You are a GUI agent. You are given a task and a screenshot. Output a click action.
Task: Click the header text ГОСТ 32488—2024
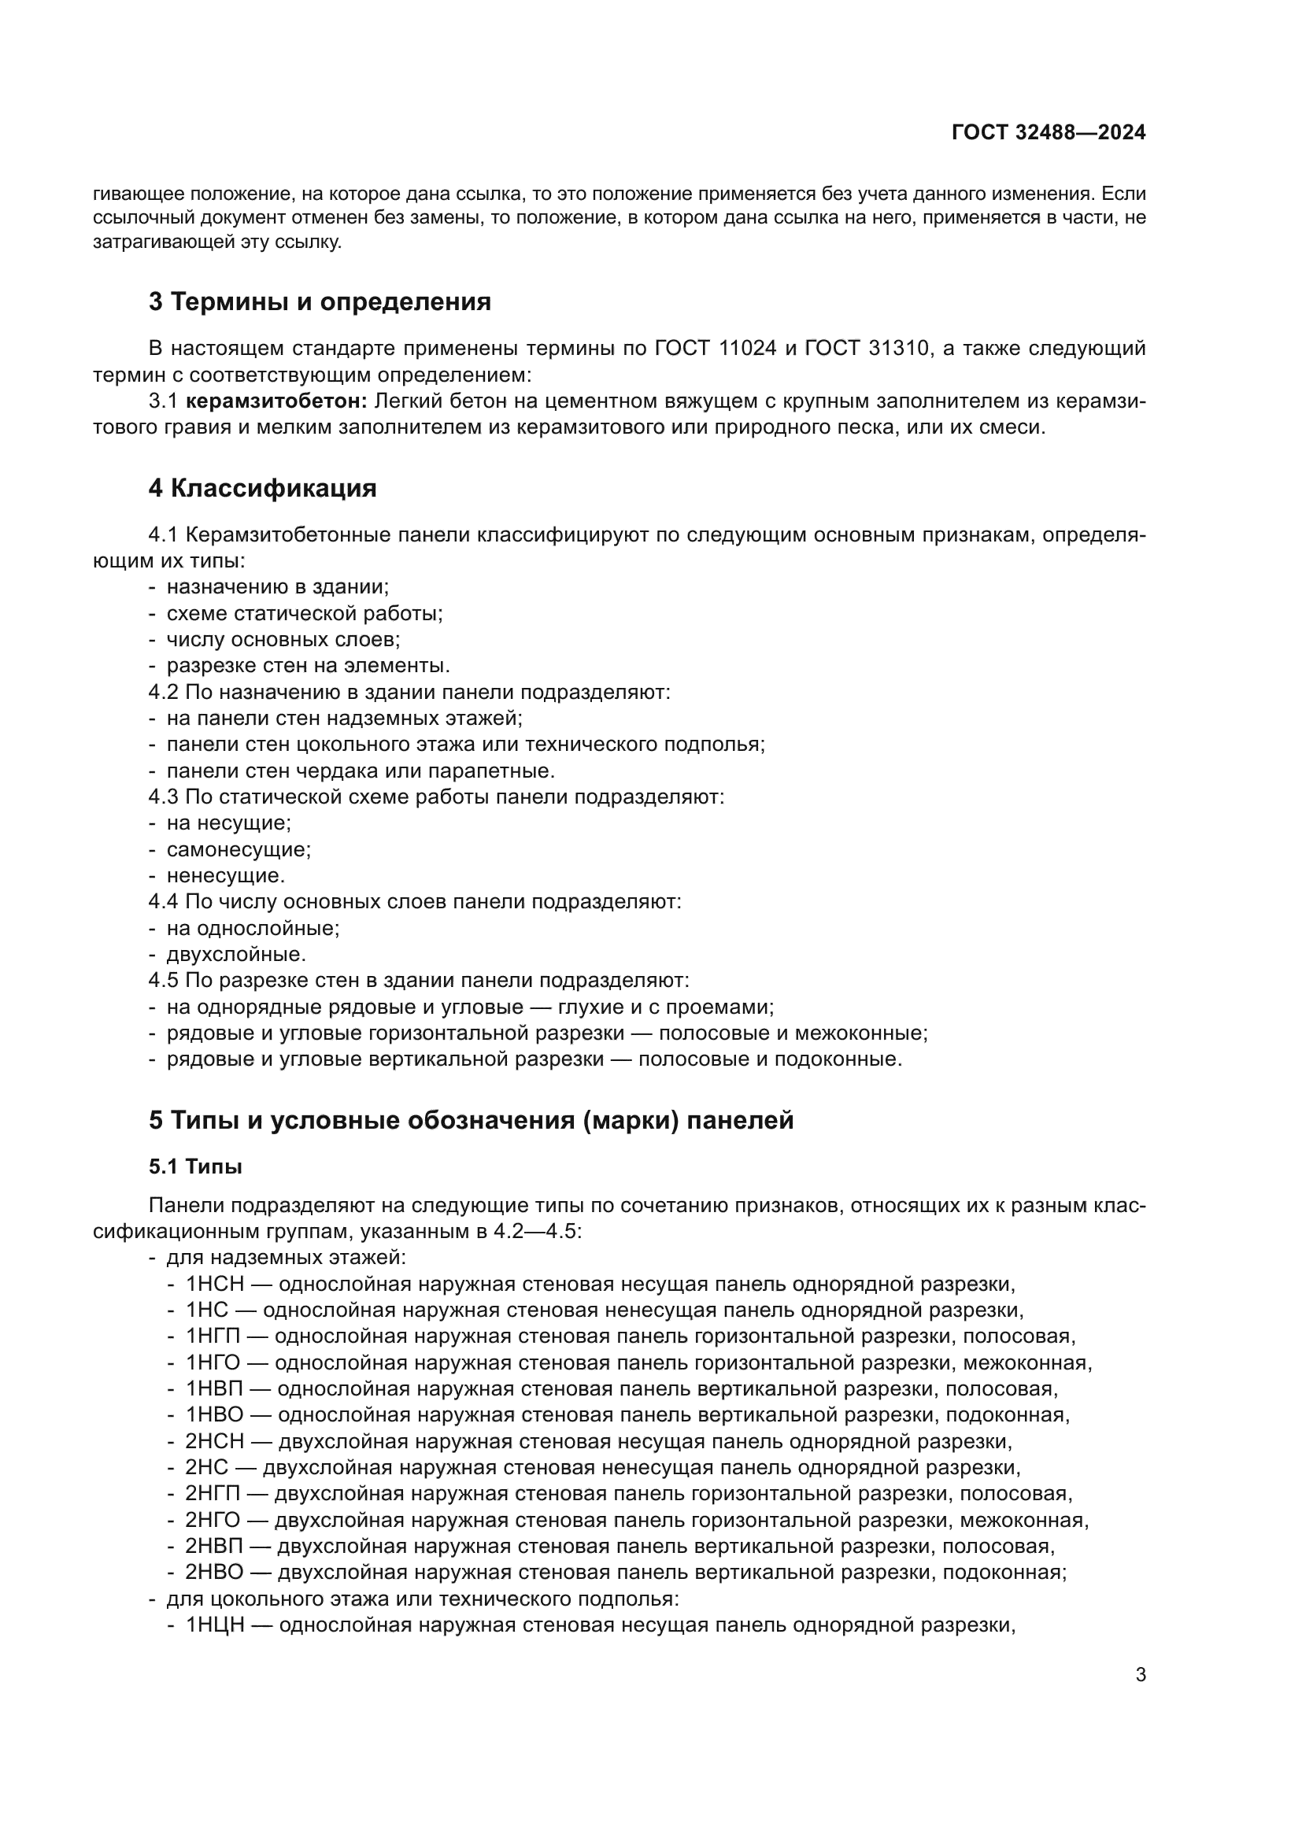click(1049, 133)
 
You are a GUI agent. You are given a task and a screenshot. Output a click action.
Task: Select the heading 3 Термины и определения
click(319, 302)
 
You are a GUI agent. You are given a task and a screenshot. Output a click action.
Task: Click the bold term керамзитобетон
click(276, 401)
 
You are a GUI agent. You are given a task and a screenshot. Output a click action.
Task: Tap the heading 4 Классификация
click(262, 488)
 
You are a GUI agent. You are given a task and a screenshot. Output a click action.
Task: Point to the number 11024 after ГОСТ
click(748, 349)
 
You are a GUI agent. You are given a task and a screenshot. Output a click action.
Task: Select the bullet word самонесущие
click(238, 849)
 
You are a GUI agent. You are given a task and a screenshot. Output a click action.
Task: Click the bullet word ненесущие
click(225, 875)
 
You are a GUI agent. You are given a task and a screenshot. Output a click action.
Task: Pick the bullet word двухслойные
click(235, 954)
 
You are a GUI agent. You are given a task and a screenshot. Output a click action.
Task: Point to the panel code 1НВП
click(214, 1388)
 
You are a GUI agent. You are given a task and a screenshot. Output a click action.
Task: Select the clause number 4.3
click(164, 797)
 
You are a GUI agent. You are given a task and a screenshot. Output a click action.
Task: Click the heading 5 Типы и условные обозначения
click(471, 1120)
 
